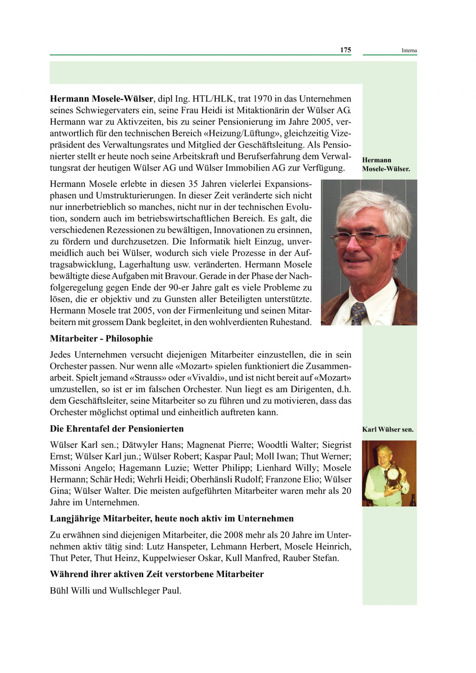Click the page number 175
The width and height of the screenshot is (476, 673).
[x=345, y=50]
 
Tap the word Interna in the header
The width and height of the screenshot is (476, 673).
[x=409, y=51]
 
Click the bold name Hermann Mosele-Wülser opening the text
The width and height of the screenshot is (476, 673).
[x=102, y=99]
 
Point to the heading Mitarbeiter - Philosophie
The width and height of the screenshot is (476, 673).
[x=101, y=339]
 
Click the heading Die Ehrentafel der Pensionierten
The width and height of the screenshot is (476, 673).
[x=117, y=429]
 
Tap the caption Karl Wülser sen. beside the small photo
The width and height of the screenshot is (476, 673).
[x=387, y=430]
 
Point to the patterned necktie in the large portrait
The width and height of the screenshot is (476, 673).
[x=359, y=312]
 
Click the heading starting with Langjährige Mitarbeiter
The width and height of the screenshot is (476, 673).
[x=172, y=519]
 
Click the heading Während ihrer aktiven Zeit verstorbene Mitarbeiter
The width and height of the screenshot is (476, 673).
[x=157, y=575]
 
